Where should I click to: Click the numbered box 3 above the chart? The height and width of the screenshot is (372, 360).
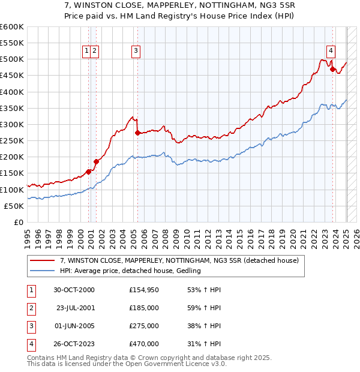(x=136, y=51)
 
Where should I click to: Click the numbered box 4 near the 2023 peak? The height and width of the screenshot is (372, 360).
(x=331, y=51)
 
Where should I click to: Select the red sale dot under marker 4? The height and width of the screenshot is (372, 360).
(x=332, y=69)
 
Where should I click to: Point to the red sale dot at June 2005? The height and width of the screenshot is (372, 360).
(x=137, y=133)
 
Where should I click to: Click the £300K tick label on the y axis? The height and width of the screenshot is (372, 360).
(x=12, y=124)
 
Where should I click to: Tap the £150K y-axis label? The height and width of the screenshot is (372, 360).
(x=12, y=173)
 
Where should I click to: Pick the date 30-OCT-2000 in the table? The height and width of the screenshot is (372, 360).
(x=74, y=290)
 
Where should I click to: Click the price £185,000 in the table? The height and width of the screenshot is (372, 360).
(x=144, y=308)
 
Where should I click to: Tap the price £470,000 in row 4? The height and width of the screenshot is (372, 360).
(x=144, y=344)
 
